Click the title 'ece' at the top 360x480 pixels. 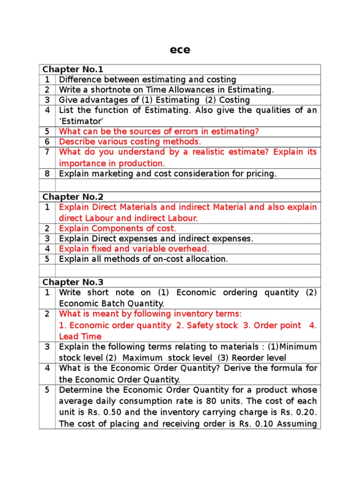(180, 50)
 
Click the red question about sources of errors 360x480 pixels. (159, 132)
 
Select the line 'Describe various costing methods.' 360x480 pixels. (130, 142)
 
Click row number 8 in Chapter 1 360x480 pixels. (47, 173)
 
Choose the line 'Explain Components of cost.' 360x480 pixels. (118, 228)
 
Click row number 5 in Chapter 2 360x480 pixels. (47, 259)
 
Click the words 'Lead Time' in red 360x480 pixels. (80, 336)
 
